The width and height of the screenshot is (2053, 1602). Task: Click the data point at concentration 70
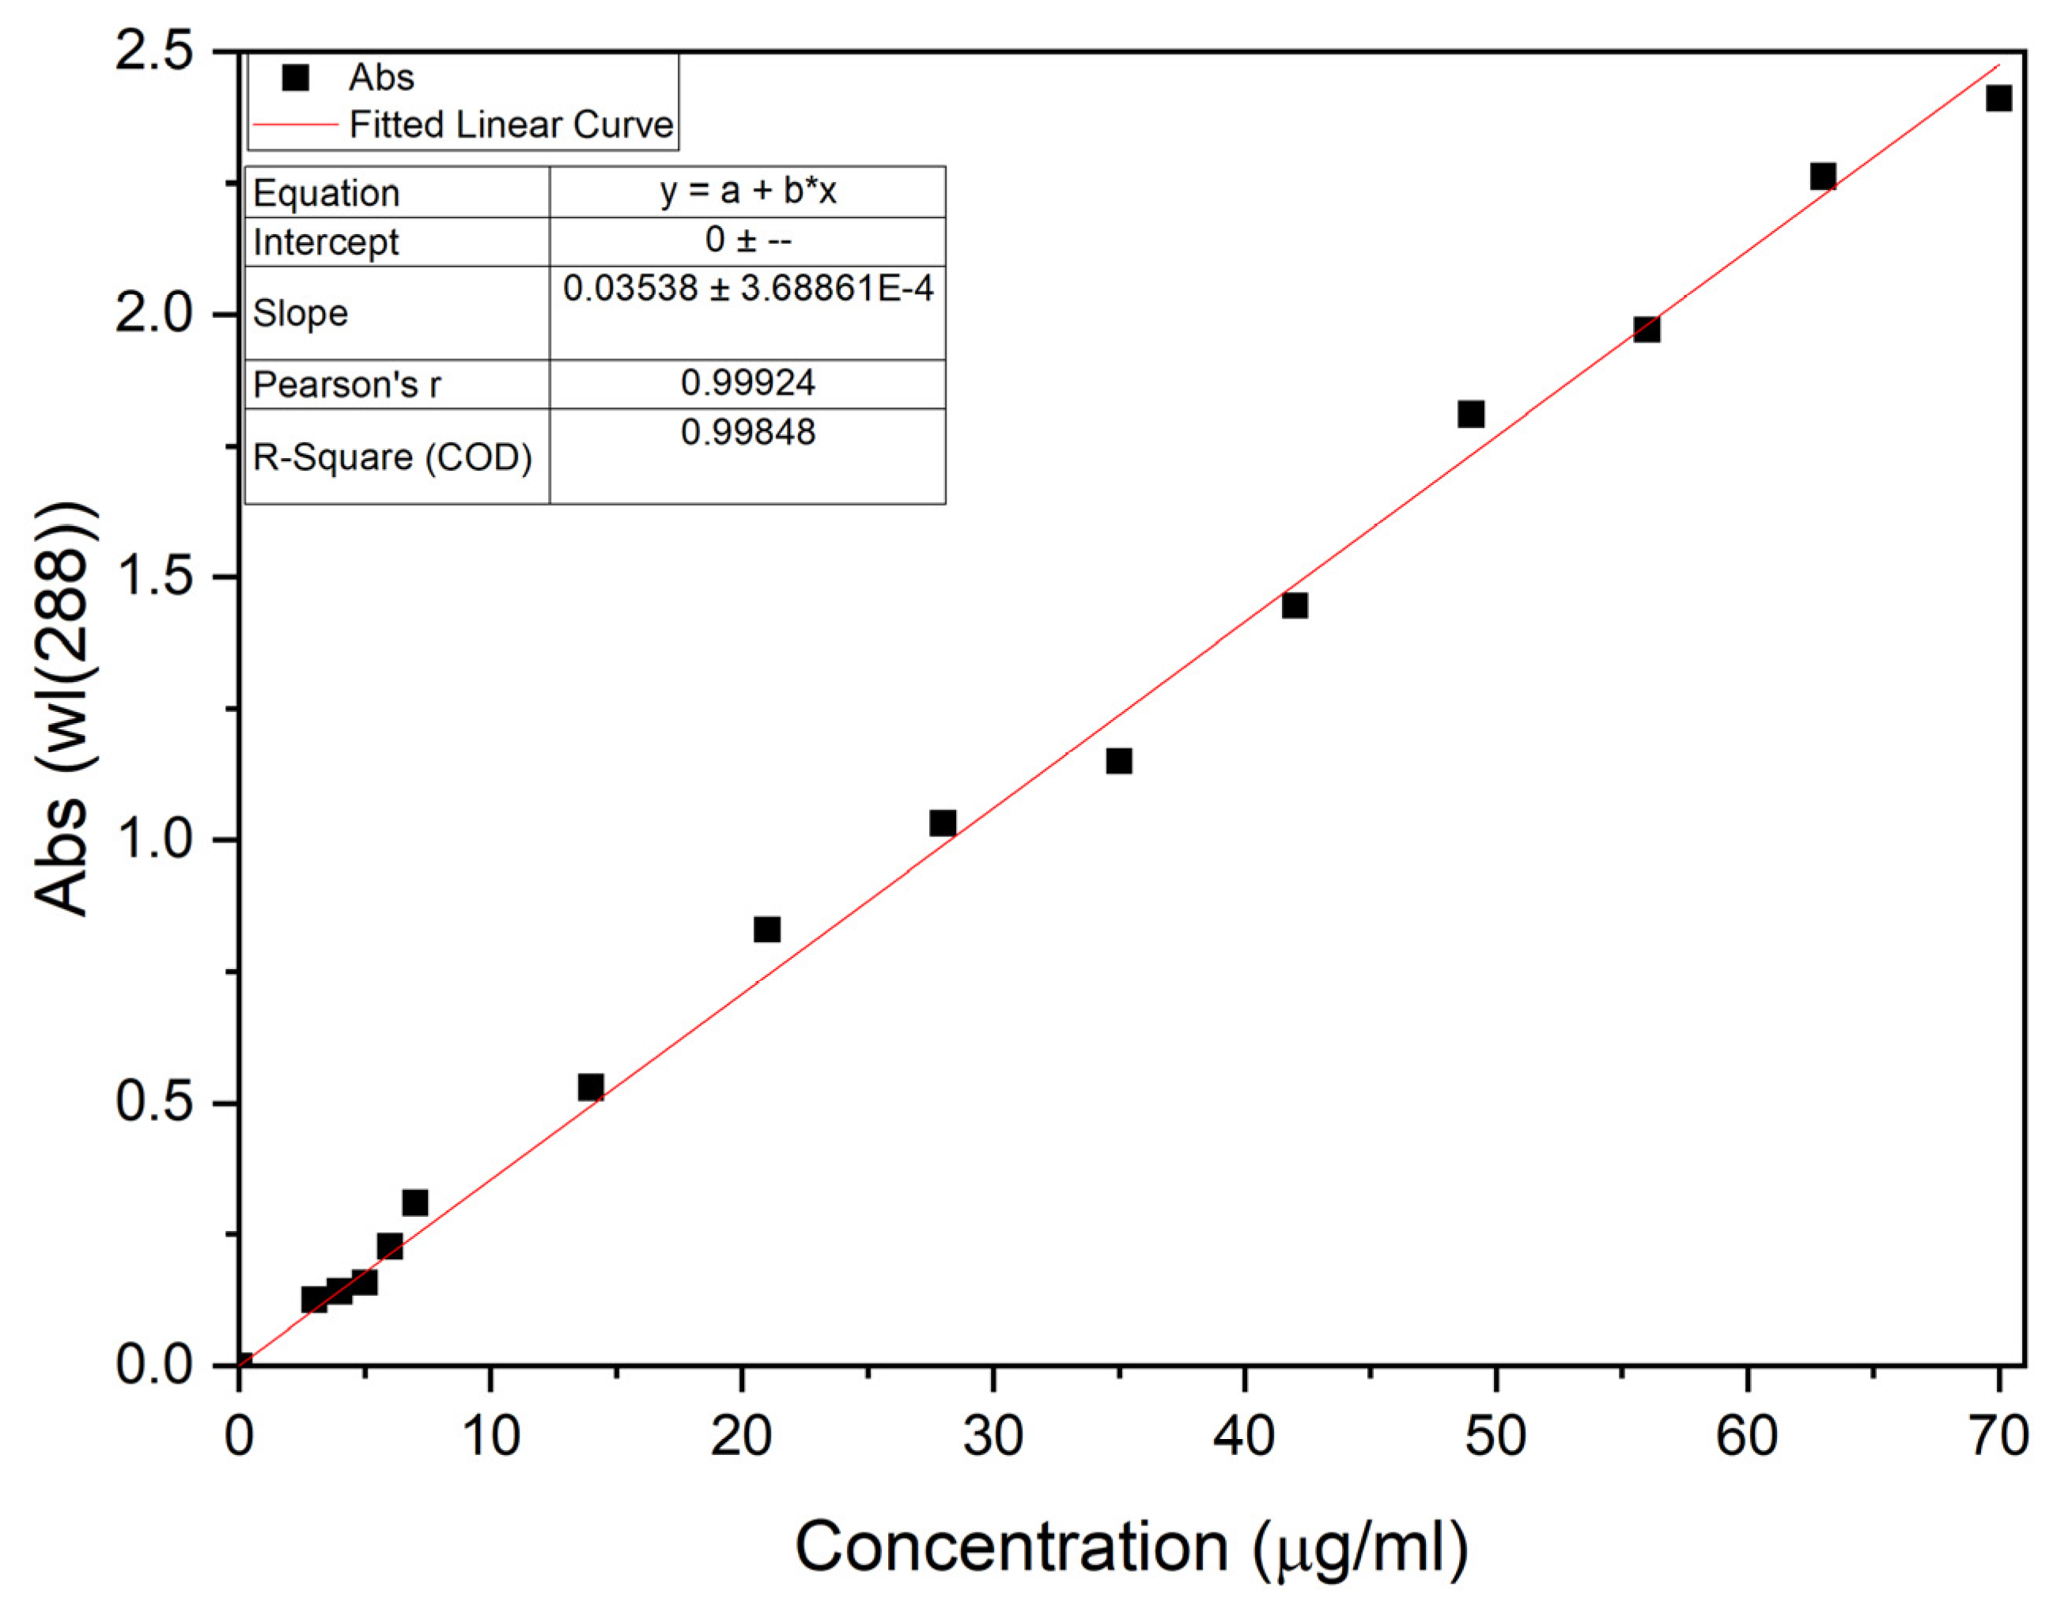pyautogui.click(x=1998, y=98)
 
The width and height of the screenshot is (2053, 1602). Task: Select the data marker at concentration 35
pyautogui.click(x=1118, y=760)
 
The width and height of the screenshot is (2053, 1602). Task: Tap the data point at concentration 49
pyautogui.click(x=1471, y=414)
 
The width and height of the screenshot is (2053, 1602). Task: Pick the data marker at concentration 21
pyautogui.click(x=767, y=930)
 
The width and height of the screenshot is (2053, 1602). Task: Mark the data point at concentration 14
pyautogui.click(x=590, y=1088)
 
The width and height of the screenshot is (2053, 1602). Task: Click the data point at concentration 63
pyautogui.click(x=1823, y=176)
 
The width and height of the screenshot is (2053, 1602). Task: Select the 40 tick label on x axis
pyautogui.click(x=1244, y=1437)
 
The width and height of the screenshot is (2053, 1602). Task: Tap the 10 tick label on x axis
pyautogui.click(x=490, y=1437)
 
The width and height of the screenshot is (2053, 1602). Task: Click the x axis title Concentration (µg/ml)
pyautogui.click(x=1131, y=1547)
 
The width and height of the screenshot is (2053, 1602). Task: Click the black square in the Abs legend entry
pyautogui.click(x=296, y=77)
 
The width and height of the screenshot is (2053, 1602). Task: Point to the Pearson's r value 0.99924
pyautogui.click(x=747, y=383)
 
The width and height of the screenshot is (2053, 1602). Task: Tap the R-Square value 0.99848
pyautogui.click(x=747, y=433)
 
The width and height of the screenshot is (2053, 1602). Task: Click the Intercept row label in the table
pyautogui.click(x=325, y=243)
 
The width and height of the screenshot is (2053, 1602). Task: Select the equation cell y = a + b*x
pyautogui.click(x=747, y=191)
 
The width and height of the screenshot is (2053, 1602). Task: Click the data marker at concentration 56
pyautogui.click(x=1646, y=329)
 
